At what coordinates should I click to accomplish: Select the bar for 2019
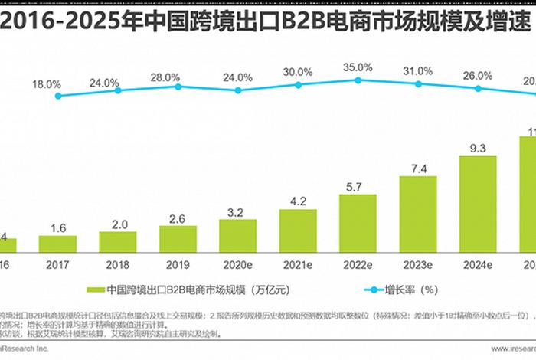pyautogui.click(x=178, y=239)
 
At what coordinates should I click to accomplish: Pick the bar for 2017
pyautogui.click(x=58, y=244)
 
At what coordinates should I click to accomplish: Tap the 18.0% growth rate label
pyautogui.click(x=45, y=83)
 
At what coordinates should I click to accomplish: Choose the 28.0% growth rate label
pyautogui.click(x=165, y=77)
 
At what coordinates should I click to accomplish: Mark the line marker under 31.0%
pyautogui.click(x=417, y=83)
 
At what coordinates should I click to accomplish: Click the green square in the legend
pyautogui.click(x=94, y=290)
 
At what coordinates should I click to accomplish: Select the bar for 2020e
pyautogui.click(x=237, y=235)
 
